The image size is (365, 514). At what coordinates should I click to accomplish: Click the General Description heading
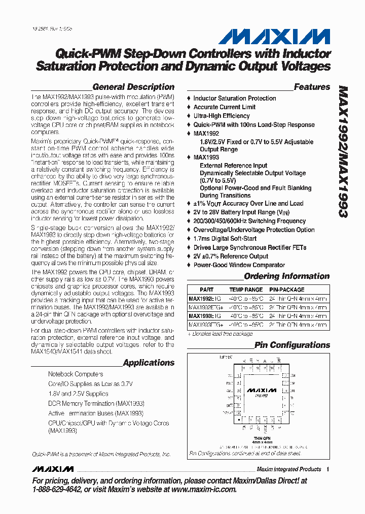click(x=133, y=87)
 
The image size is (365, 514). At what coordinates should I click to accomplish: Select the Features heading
click(x=312, y=87)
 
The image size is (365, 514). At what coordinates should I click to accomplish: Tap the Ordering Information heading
click(x=286, y=276)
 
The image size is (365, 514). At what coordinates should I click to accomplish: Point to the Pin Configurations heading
click(x=291, y=345)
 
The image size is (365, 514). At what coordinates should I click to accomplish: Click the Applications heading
click(x=149, y=363)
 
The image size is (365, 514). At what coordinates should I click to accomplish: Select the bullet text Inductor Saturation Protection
click(x=234, y=99)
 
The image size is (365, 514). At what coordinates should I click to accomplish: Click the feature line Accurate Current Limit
click(x=224, y=107)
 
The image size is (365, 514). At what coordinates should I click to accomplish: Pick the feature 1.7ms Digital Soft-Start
click(x=225, y=239)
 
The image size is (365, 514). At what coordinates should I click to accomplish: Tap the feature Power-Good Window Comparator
click(x=239, y=265)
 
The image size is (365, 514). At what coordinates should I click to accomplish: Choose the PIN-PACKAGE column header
click(x=287, y=290)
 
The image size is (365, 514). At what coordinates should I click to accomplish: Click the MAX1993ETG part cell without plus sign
click(x=200, y=316)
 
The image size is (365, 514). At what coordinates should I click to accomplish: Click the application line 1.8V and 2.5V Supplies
click(x=78, y=394)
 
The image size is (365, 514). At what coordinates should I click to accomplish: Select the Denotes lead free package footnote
click(x=220, y=334)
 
